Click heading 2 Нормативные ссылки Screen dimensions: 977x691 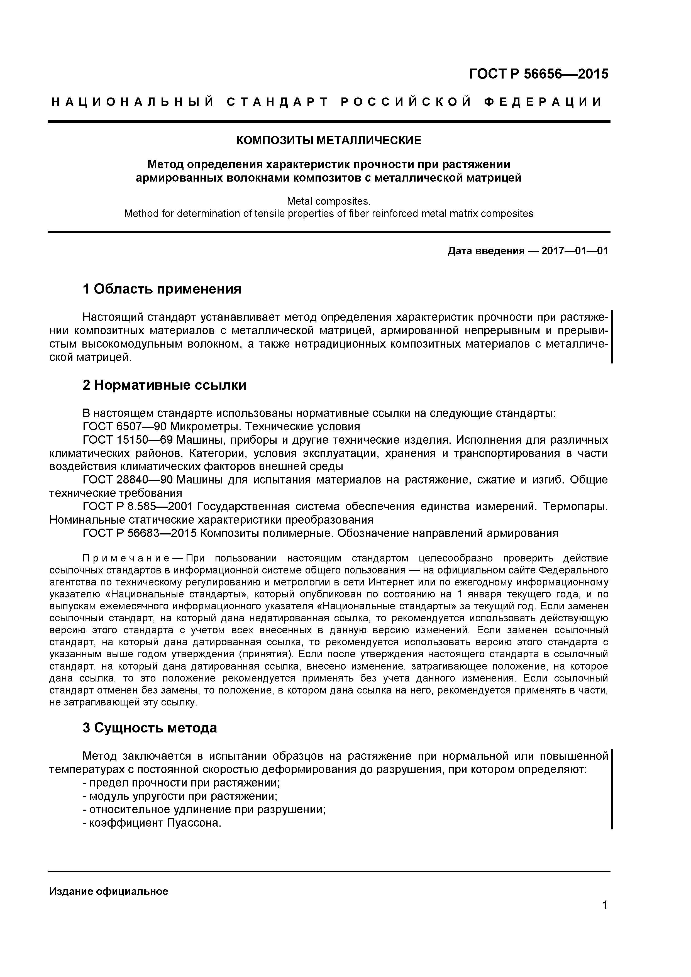(x=164, y=385)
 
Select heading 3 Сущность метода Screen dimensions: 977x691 (x=150, y=728)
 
